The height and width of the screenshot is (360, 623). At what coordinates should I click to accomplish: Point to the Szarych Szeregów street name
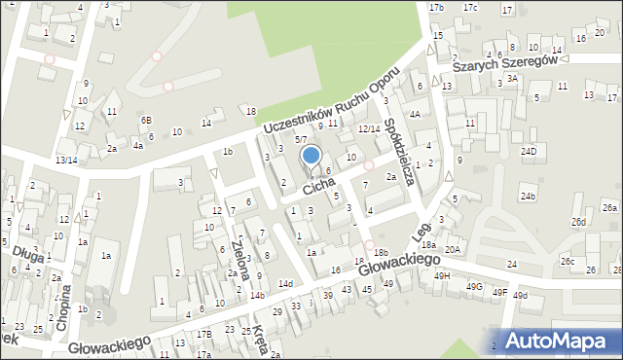[x=504, y=62]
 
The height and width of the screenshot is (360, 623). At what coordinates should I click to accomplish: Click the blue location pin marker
[x=311, y=157]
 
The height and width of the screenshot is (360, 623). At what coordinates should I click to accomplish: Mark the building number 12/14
[x=368, y=128]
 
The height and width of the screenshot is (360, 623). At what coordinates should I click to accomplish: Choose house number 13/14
[x=66, y=160]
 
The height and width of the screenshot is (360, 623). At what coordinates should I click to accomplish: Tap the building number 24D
[x=529, y=152]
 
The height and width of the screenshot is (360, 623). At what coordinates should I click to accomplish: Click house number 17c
[x=470, y=8]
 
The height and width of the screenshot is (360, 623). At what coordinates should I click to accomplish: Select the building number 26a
[x=609, y=208]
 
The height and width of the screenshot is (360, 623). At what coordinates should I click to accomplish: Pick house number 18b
[x=380, y=253]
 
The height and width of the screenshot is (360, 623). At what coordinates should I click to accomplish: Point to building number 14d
[x=285, y=283]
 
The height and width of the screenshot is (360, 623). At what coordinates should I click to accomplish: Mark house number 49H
[x=443, y=276]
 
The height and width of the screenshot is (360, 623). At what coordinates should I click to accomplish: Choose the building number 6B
[x=146, y=120]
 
